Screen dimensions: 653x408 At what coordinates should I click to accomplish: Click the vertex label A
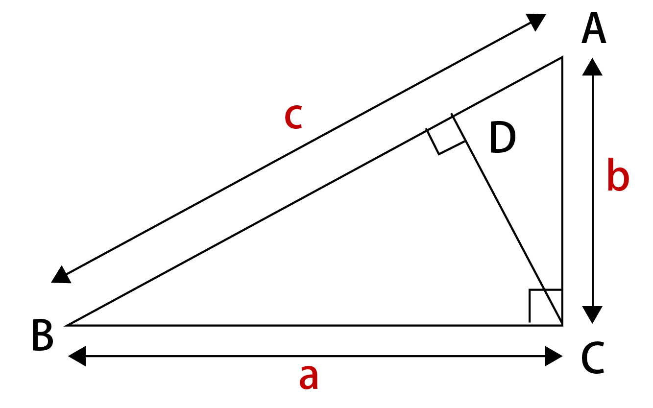(x=594, y=28)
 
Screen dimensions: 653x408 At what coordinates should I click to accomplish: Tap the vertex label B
(x=43, y=335)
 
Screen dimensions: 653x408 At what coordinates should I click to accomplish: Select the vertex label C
(x=593, y=358)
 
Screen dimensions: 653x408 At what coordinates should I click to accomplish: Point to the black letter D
(x=503, y=137)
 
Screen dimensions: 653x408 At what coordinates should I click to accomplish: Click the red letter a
(x=309, y=378)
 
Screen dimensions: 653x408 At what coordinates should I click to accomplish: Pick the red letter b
(x=618, y=175)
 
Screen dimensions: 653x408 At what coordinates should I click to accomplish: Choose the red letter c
(x=293, y=117)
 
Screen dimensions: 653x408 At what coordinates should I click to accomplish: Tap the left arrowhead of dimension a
(x=76, y=356)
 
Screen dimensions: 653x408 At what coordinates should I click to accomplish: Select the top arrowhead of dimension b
(x=592, y=67)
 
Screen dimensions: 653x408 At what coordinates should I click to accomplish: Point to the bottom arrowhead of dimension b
(x=592, y=315)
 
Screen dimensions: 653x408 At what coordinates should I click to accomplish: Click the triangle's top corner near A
(x=562, y=57)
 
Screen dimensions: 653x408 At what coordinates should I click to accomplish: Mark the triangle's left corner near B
(x=67, y=325)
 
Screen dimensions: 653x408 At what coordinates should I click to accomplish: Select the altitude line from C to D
(x=507, y=219)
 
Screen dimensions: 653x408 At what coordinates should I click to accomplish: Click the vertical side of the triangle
(x=562, y=191)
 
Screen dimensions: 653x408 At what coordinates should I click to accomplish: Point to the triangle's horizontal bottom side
(x=314, y=325)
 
